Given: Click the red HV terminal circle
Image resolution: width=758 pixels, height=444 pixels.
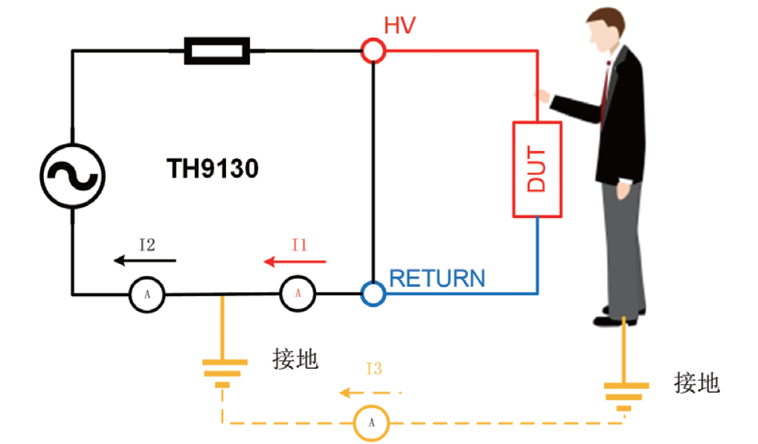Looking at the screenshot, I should pyautogui.click(x=373, y=51).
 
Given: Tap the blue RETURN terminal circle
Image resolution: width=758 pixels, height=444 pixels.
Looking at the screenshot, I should pyautogui.click(x=373, y=294).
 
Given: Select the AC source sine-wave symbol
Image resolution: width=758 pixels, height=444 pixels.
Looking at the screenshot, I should pyautogui.click(x=72, y=176).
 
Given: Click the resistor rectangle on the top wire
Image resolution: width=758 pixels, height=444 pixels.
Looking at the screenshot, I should pyautogui.click(x=216, y=51).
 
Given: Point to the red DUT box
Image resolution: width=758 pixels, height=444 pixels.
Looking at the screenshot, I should pyautogui.click(x=536, y=169).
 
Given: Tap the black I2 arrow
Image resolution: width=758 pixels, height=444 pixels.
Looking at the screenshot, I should pyautogui.click(x=145, y=261).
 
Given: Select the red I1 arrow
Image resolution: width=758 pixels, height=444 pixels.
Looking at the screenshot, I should pyautogui.click(x=296, y=262).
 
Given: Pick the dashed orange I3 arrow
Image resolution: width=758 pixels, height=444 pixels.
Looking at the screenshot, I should pyautogui.click(x=370, y=391).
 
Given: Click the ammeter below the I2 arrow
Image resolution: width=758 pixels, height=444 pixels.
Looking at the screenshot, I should pyautogui.click(x=147, y=295).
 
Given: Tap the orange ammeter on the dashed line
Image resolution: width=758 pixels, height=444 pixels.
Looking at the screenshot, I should pyautogui.click(x=370, y=423).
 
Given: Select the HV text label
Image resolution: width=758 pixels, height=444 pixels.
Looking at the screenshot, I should pyautogui.click(x=399, y=25).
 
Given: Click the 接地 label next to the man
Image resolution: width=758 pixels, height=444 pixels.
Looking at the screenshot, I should pyautogui.click(x=697, y=382).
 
